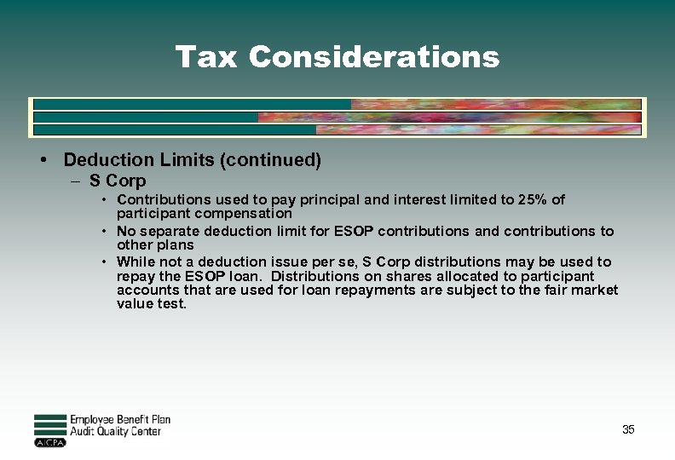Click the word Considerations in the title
pos(374,57)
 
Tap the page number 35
pos(628,429)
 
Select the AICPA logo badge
pos(50,443)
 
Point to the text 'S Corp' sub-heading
pos(118,181)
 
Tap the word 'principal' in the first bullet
pos(299,200)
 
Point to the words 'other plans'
pos(155,244)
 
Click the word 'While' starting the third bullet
pos(136,262)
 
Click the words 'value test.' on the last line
pos(152,303)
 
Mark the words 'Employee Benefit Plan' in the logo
pos(120,419)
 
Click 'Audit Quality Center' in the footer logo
pos(115,432)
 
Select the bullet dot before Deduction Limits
pos(42,159)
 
